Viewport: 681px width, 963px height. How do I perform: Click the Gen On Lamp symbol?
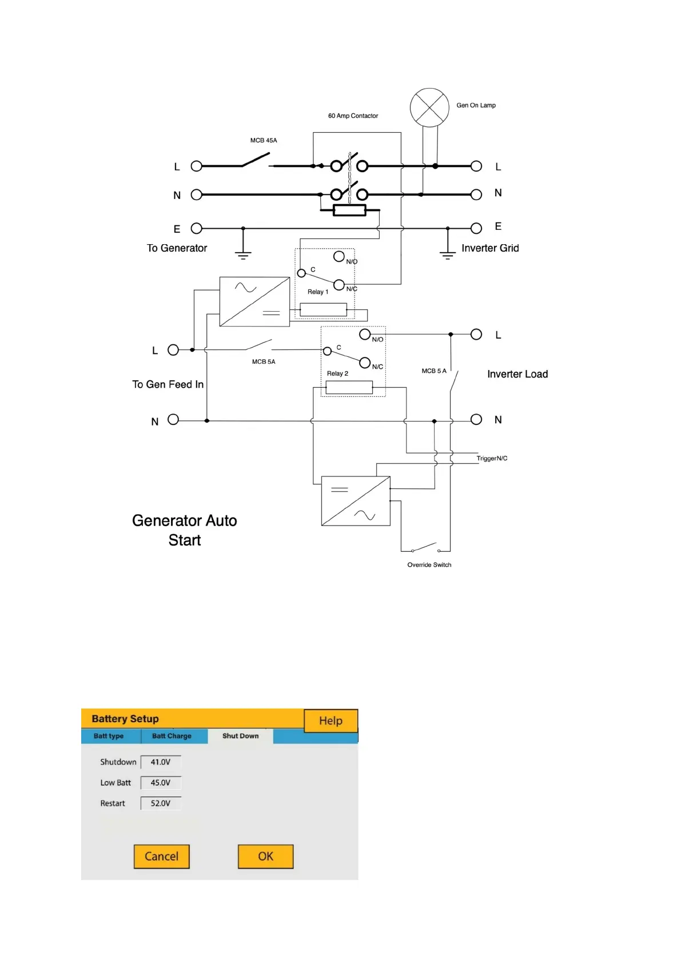tap(429, 108)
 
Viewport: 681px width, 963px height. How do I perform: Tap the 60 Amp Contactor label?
tap(353, 116)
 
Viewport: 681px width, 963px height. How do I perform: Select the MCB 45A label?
tap(264, 141)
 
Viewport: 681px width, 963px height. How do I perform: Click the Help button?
tap(330, 721)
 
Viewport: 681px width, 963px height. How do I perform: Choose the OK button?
tap(265, 856)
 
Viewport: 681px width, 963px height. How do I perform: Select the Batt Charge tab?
tap(172, 736)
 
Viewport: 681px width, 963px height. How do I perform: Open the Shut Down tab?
tap(240, 736)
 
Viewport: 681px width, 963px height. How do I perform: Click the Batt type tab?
tap(109, 736)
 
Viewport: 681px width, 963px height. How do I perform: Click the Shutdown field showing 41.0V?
tap(161, 762)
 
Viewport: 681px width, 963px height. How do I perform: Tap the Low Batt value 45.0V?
tap(161, 783)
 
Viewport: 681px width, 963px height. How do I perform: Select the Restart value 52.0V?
tap(161, 803)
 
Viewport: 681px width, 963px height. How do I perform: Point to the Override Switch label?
tap(429, 565)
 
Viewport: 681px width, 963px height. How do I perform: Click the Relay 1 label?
tap(318, 292)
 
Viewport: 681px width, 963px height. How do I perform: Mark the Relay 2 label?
tap(337, 374)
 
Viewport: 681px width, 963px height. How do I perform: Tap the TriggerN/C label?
tap(492, 459)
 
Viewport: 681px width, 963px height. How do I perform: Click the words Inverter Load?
tap(517, 374)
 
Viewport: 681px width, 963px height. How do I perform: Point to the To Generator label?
tap(177, 248)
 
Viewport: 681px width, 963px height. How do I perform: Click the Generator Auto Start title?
tap(184, 530)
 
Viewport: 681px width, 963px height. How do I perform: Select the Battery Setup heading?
tap(125, 719)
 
